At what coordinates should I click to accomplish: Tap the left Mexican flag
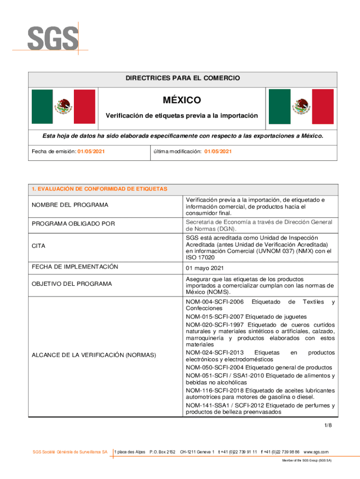tap(63, 107)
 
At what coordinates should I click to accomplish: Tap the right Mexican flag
tap(301, 107)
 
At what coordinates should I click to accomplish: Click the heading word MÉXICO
tap(182, 100)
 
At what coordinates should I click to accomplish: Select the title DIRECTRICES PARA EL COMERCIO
tap(182, 78)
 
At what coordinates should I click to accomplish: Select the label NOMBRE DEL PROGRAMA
tap(70, 205)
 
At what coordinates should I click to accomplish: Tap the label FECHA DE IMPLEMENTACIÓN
tap(74, 267)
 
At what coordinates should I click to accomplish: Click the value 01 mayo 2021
tap(205, 268)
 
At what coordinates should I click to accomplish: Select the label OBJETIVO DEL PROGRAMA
tap(72, 284)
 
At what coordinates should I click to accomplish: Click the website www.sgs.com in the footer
tap(316, 452)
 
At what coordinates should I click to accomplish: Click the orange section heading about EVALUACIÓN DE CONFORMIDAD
tap(99, 189)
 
